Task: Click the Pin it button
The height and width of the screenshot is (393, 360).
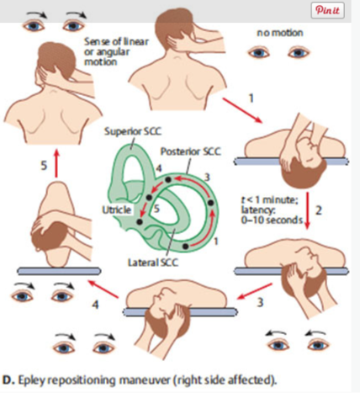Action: (327, 10)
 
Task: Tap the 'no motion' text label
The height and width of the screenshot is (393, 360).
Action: (280, 33)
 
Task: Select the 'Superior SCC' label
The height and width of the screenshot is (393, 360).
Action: (133, 131)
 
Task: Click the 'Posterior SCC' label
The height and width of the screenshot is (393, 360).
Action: (191, 151)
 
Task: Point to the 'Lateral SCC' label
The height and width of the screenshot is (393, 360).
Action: (153, 263)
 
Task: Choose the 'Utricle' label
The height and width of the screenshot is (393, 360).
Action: (117, 210)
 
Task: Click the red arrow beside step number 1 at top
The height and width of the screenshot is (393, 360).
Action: (242, 110)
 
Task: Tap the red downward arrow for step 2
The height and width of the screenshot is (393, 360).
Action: (308, 210)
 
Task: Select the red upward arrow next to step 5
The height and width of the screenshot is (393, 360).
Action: (56, 163)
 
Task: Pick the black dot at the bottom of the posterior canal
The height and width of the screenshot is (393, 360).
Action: (185, 247)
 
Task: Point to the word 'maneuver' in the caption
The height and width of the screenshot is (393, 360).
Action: (145, 380)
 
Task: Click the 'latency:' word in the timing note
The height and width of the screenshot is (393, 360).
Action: (258, 210)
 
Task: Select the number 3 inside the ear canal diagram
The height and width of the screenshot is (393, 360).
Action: (207, 178)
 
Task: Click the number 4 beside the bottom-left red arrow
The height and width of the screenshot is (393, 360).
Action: (95, 305)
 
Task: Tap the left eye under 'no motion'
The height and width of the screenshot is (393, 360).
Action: (259, 52)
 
